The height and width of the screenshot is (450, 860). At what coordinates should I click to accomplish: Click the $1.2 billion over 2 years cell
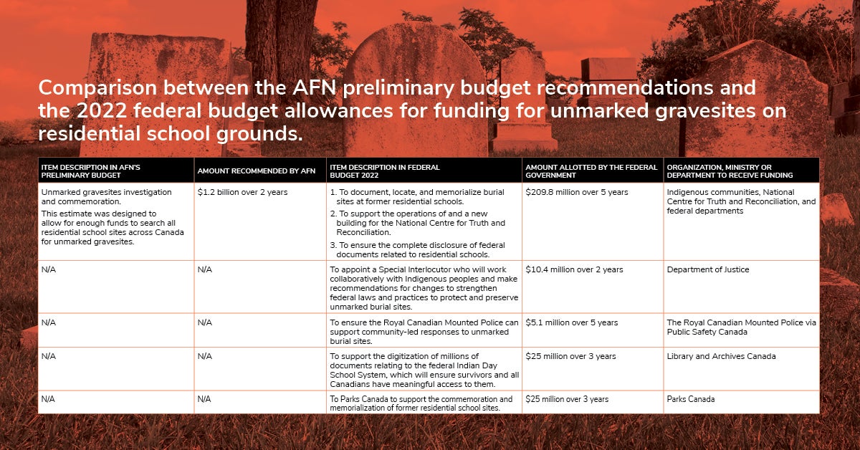(242, 192)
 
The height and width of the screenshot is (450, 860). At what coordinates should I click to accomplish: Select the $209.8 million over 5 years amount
(577, 192)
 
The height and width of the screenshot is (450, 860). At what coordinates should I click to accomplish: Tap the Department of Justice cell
(707, 269)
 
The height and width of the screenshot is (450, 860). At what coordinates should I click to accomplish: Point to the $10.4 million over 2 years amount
(574, 269)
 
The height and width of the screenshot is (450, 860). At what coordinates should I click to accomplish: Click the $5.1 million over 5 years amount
(572, 322)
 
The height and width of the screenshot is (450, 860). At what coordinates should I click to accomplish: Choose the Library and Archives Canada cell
(721, 356)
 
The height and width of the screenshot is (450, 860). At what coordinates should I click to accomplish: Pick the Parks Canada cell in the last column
(691, 399)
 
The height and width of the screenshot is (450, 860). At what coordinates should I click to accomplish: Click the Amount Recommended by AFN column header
(257, 171)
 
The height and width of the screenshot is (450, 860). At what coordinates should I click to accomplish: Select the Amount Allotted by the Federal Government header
(591, 171)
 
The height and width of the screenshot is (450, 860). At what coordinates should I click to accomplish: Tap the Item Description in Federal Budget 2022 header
(385, 171)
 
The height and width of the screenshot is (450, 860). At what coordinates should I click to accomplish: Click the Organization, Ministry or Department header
(730, 171)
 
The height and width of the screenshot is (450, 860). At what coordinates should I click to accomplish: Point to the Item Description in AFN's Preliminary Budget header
(90, 171)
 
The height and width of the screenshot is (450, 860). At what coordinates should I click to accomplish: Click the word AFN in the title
(314, 87)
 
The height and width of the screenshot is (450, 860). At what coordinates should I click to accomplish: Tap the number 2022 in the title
(102, 111)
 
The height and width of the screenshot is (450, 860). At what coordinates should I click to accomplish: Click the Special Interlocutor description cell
(424, 288)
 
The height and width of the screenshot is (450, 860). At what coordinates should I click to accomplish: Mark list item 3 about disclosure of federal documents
(417, 249)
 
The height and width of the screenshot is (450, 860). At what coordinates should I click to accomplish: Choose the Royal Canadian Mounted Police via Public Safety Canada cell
(741, 327)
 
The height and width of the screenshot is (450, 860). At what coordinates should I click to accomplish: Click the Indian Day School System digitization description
(424, 370)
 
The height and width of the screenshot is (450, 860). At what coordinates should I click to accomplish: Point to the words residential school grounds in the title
(171, 134)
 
